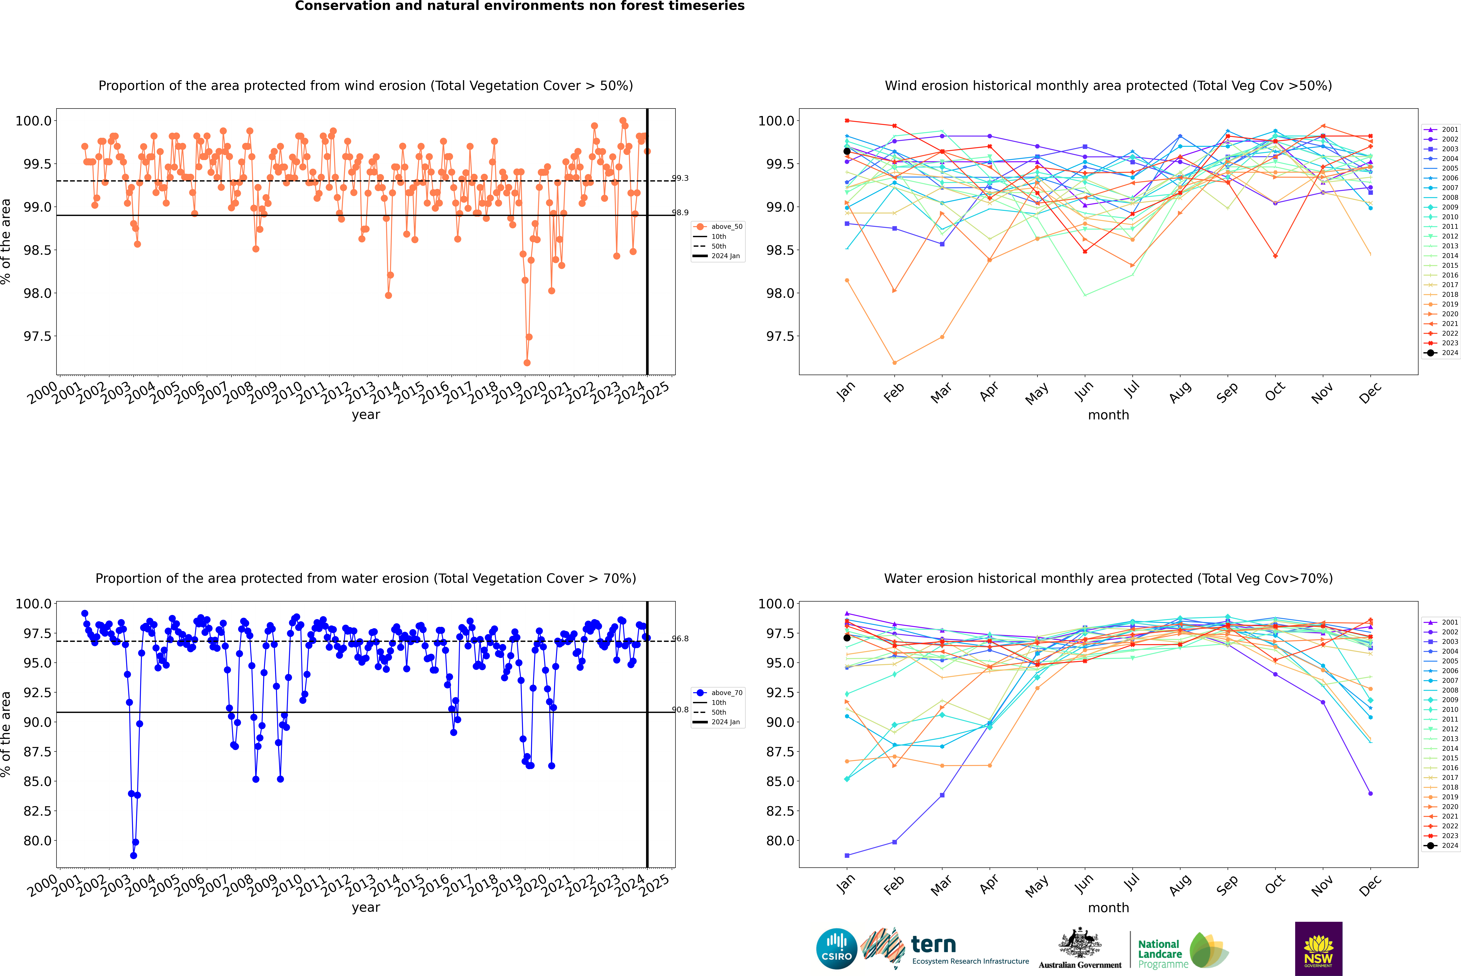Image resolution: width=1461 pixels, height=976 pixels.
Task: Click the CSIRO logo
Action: pos(836,949)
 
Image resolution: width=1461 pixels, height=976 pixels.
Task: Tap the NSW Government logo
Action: pos(1318,949)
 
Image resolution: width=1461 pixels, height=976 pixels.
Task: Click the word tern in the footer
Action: pos(933,944)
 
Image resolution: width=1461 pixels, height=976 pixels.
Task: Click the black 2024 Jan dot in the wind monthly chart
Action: pos(847,151)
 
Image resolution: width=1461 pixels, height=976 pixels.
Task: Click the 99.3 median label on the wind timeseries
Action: pos(680,178)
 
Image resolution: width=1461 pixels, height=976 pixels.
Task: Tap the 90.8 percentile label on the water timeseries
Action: pos(680,710)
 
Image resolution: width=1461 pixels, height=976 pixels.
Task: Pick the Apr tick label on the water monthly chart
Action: pos(989,885)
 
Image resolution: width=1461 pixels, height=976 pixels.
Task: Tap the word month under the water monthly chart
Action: pos(1108,908)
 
